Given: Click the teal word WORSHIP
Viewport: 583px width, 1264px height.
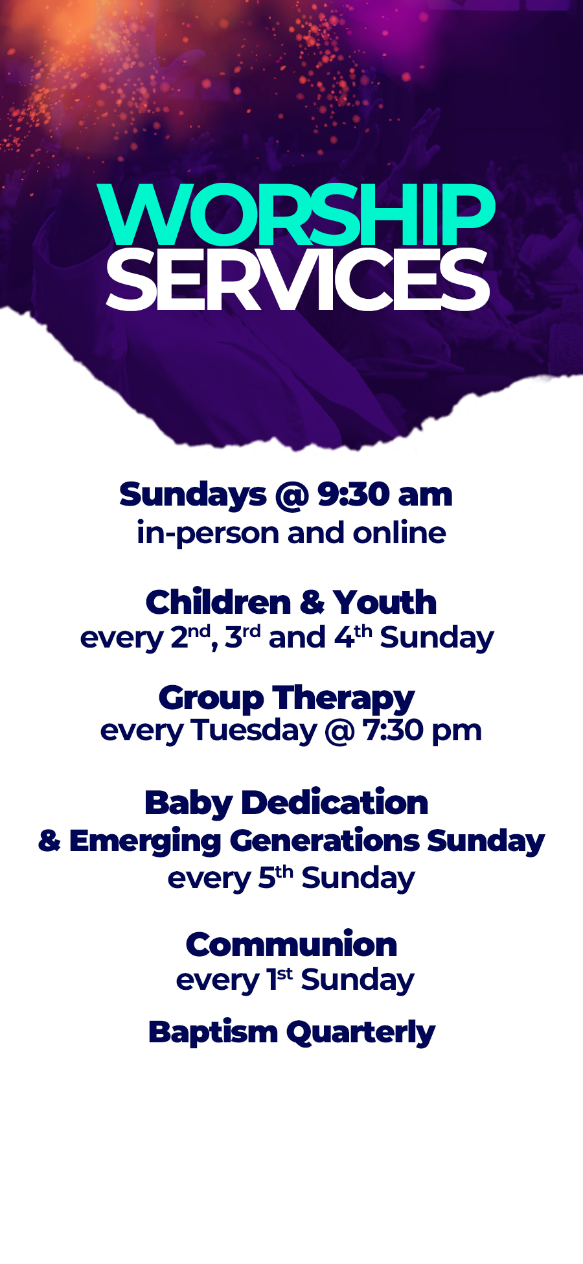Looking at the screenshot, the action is (x=296, y=215).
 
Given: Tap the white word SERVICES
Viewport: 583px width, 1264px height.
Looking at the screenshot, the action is (x=297, y=281).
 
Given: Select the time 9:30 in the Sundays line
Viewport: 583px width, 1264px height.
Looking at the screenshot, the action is (x=352, y=495).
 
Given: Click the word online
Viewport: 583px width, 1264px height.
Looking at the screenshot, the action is (x=399, y=533).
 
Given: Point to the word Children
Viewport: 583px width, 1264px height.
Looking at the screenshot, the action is (x=218, y=602).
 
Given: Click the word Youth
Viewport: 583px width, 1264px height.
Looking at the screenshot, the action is (x=385, y=602).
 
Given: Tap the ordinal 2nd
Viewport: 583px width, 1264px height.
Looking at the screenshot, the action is (x=190, y=637).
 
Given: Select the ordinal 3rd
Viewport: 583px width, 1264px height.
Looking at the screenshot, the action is (x=242, y=637).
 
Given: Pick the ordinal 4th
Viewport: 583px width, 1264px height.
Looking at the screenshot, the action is (x=353, y=637).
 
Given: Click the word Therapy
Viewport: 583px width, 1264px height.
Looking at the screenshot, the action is (x=343, y=699).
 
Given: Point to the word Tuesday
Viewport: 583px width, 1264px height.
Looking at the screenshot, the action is (x=255, y=731).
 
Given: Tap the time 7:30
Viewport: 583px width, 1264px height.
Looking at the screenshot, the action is (x=393, y=731).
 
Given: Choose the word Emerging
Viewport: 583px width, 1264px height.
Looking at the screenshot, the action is (x=146, y=842).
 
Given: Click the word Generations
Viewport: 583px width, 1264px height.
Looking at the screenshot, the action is (x=325, y=841).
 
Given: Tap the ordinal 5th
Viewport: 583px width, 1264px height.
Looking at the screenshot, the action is (x=276, y=877).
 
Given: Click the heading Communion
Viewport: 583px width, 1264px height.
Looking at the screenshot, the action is (x=291, y=944).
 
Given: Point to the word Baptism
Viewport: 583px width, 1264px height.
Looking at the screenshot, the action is (x=213, y=1032).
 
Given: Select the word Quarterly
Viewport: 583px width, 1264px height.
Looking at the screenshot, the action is (x=361, y=1033).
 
